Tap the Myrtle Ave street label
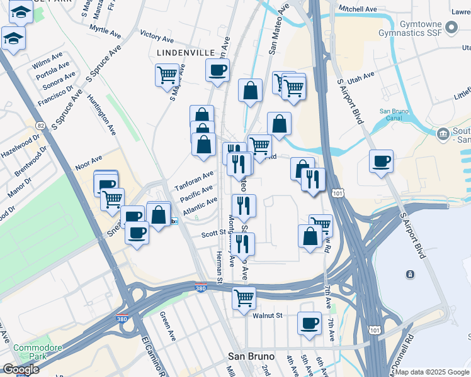click(105, 30)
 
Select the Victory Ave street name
click(157, 36)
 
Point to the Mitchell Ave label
click(357, 9)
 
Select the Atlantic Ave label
click(198, 205)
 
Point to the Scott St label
click(213, 233)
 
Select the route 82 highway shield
click(41, 126)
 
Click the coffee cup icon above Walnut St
click(309, 323)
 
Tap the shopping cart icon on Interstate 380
click(244, 298)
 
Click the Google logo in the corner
click(21, 369)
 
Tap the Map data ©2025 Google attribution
click(432, 371)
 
